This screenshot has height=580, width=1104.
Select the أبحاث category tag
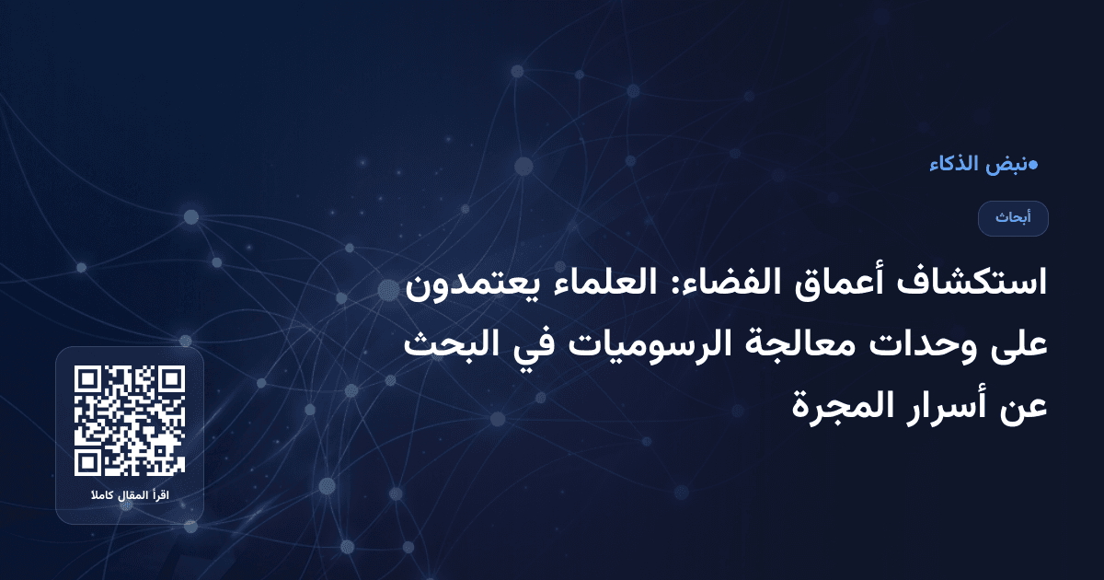[x=1013, y=218]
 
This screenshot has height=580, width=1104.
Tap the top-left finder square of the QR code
[x=89, y=380]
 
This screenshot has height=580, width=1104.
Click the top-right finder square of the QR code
[x=170, y=380]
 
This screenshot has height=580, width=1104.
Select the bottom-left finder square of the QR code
[x=89, y=461]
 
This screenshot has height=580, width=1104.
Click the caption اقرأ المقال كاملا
[x=130, y=497]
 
